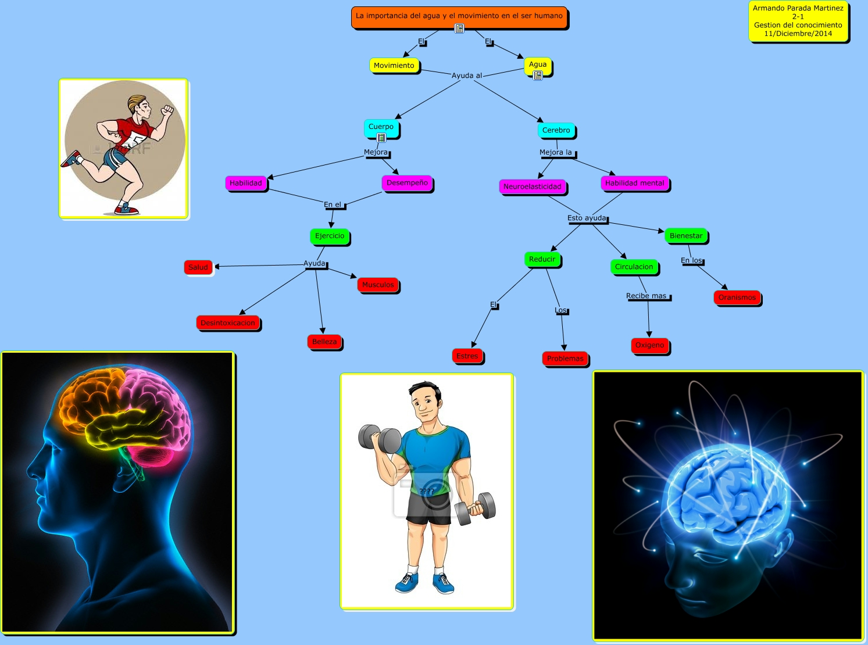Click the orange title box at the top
pos(459,16)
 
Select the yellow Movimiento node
pos(394,66)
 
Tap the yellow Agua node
pos(538,65)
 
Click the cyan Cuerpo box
pos(381,127)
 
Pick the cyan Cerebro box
pos(556,130)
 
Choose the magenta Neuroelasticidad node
pos(533,187)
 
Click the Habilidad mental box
pos(635,183)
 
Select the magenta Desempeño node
pos(407,183)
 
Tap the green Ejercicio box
pos(330,236)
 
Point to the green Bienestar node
pos(686,236)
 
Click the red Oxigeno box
pos(649,345)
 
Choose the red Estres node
pos(467,356)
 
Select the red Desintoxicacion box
pos(228,323)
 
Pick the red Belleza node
pos(324,342)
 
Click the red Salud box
pos(198,267)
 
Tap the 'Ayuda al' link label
pos(467,76)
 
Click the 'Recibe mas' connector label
pos(646,296)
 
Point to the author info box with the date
pos(798,21)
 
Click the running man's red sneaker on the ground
pos(127,209)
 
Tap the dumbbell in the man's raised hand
pos(380,439)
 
